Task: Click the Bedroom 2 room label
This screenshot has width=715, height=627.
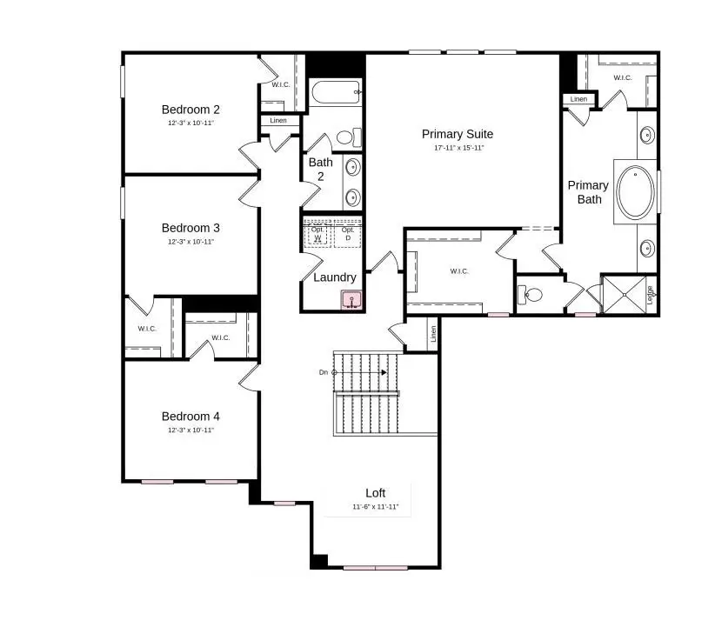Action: [190, 110]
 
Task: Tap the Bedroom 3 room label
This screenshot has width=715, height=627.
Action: [190, 228]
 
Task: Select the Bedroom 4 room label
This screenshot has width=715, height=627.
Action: [190, 416]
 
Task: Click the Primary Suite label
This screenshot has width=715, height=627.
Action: [458, 134]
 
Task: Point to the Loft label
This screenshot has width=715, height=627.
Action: [375, 493]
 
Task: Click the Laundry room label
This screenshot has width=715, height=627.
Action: [335, 277]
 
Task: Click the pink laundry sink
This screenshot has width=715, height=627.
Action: [351, 301]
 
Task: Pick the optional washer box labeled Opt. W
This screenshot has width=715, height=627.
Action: [317, 234]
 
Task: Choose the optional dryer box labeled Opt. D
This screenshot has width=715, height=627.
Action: [348, 234]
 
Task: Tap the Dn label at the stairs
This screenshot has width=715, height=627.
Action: [323, 372]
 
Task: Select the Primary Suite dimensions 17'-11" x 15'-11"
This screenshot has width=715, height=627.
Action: [458, 148]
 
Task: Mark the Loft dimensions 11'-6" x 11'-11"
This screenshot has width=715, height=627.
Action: [375, 507]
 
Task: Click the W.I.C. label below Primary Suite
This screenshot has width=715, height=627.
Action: [459, 271]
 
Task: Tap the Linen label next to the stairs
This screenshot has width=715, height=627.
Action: [432, 333]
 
